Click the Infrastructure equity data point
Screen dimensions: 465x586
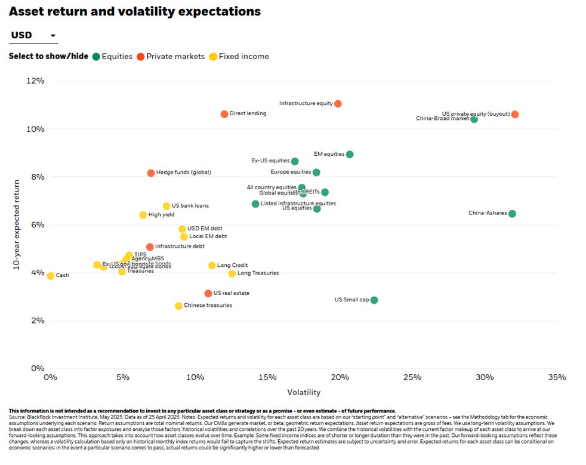click(x=338, y=104)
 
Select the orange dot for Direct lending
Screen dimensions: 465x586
click(x=224, y=114)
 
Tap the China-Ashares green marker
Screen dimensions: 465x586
click(x=512, y=214)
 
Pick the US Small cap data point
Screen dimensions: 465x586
click(x=374, y=300)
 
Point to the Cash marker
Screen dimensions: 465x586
click(x=51, y=276)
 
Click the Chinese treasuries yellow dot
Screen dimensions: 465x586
click(x=178, y=306)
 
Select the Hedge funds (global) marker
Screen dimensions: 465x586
click(x=151, y=173)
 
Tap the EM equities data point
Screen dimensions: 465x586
click(x=350, y=155)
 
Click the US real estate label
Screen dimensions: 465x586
click(x=231, y=293)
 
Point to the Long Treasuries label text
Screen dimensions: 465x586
click(x=258, y=273)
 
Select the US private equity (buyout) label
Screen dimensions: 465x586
click(x=476, y=113)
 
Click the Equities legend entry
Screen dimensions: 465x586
click(x=113, y=57)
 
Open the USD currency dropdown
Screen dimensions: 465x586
click(x=33, y=36)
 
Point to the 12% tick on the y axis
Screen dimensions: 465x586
click(x=35, y=81)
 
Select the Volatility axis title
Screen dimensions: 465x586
click(x=304, y=393)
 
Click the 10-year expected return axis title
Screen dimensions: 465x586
click(x=18, y=224)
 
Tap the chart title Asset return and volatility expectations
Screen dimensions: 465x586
click(x=135, y=11)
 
